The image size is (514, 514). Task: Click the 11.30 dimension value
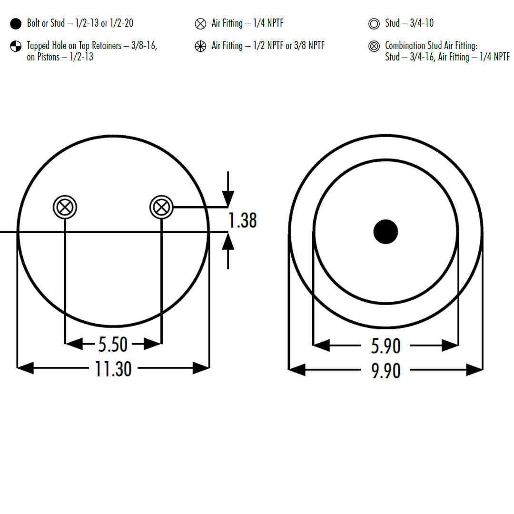[113, 369]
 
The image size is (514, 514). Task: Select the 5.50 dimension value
[113, 344]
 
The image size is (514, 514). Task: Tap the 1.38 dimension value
[242, 221]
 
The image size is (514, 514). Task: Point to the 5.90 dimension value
[385, 346]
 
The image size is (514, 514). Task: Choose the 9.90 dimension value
[385, 370]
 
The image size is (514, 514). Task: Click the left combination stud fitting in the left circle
[65, 207]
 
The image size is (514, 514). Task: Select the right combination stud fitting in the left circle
[162, 207]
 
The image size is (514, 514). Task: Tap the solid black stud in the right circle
[385, 232]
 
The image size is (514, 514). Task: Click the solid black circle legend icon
[16, 23]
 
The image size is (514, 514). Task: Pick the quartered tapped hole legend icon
[16, 46]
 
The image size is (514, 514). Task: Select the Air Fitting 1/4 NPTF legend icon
[200, 23]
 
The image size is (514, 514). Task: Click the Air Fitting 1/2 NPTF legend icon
[200, 46]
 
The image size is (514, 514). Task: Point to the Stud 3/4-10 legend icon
[374, 23]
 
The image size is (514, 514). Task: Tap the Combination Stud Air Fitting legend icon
[374, 46]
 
